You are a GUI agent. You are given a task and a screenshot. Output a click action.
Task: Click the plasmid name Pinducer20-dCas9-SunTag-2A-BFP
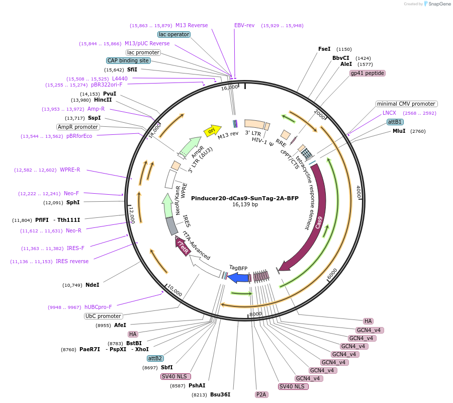point(245,198)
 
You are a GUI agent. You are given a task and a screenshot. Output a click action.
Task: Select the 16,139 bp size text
point(245,205)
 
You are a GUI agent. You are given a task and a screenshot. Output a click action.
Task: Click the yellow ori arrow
point(212,131)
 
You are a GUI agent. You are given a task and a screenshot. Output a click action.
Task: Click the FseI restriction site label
point(324,49)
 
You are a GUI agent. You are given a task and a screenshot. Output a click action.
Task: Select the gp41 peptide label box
point(368,73)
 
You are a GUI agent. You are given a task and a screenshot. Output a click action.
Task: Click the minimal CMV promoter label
point(406,104)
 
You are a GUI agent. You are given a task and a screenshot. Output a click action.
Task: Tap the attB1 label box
point(395,122)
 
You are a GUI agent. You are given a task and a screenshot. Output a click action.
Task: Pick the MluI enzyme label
point(399,131)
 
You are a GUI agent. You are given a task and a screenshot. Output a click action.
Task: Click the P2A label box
point(261,394)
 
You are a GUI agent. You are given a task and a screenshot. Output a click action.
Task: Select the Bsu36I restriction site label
point(220,394)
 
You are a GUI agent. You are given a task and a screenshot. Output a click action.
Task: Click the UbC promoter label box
point(104,316)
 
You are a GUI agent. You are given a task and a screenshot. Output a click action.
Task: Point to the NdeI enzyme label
point(92,285)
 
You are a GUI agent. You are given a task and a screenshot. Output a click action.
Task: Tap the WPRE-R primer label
point(70,170)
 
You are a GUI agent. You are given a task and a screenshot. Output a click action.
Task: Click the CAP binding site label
point(128,60)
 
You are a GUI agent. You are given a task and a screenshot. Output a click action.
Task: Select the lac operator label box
point(173,34)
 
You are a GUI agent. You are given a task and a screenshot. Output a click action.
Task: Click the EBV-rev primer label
point(244,25)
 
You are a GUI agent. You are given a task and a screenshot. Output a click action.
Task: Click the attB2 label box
point(155,358)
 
